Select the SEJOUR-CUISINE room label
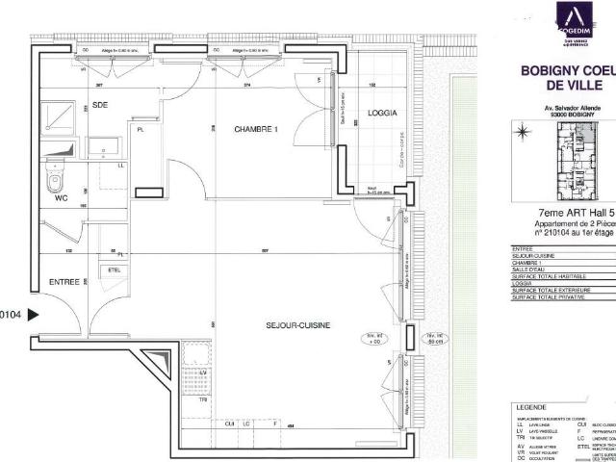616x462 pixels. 298,325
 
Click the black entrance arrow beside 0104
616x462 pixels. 34,314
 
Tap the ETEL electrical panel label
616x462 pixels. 114,270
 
